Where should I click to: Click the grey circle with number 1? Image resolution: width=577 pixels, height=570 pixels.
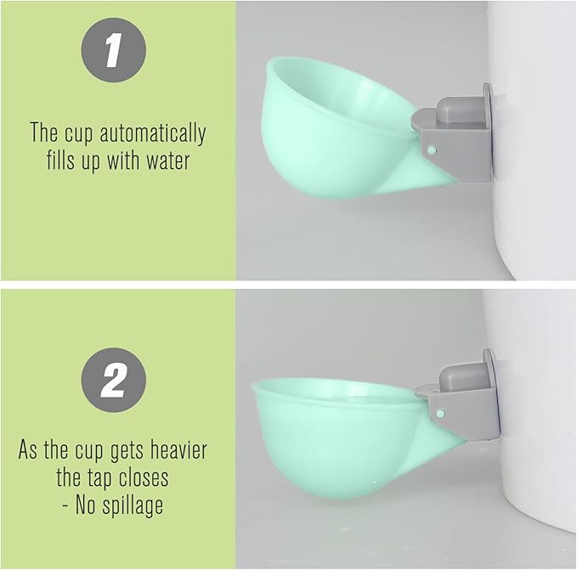tap(113, 50)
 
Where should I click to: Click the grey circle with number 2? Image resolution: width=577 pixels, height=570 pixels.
tap(113, 381)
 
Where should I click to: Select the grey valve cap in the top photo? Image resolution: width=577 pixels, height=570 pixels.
tap(455, 110)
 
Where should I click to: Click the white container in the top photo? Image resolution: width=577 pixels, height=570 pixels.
tap(535, 127)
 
